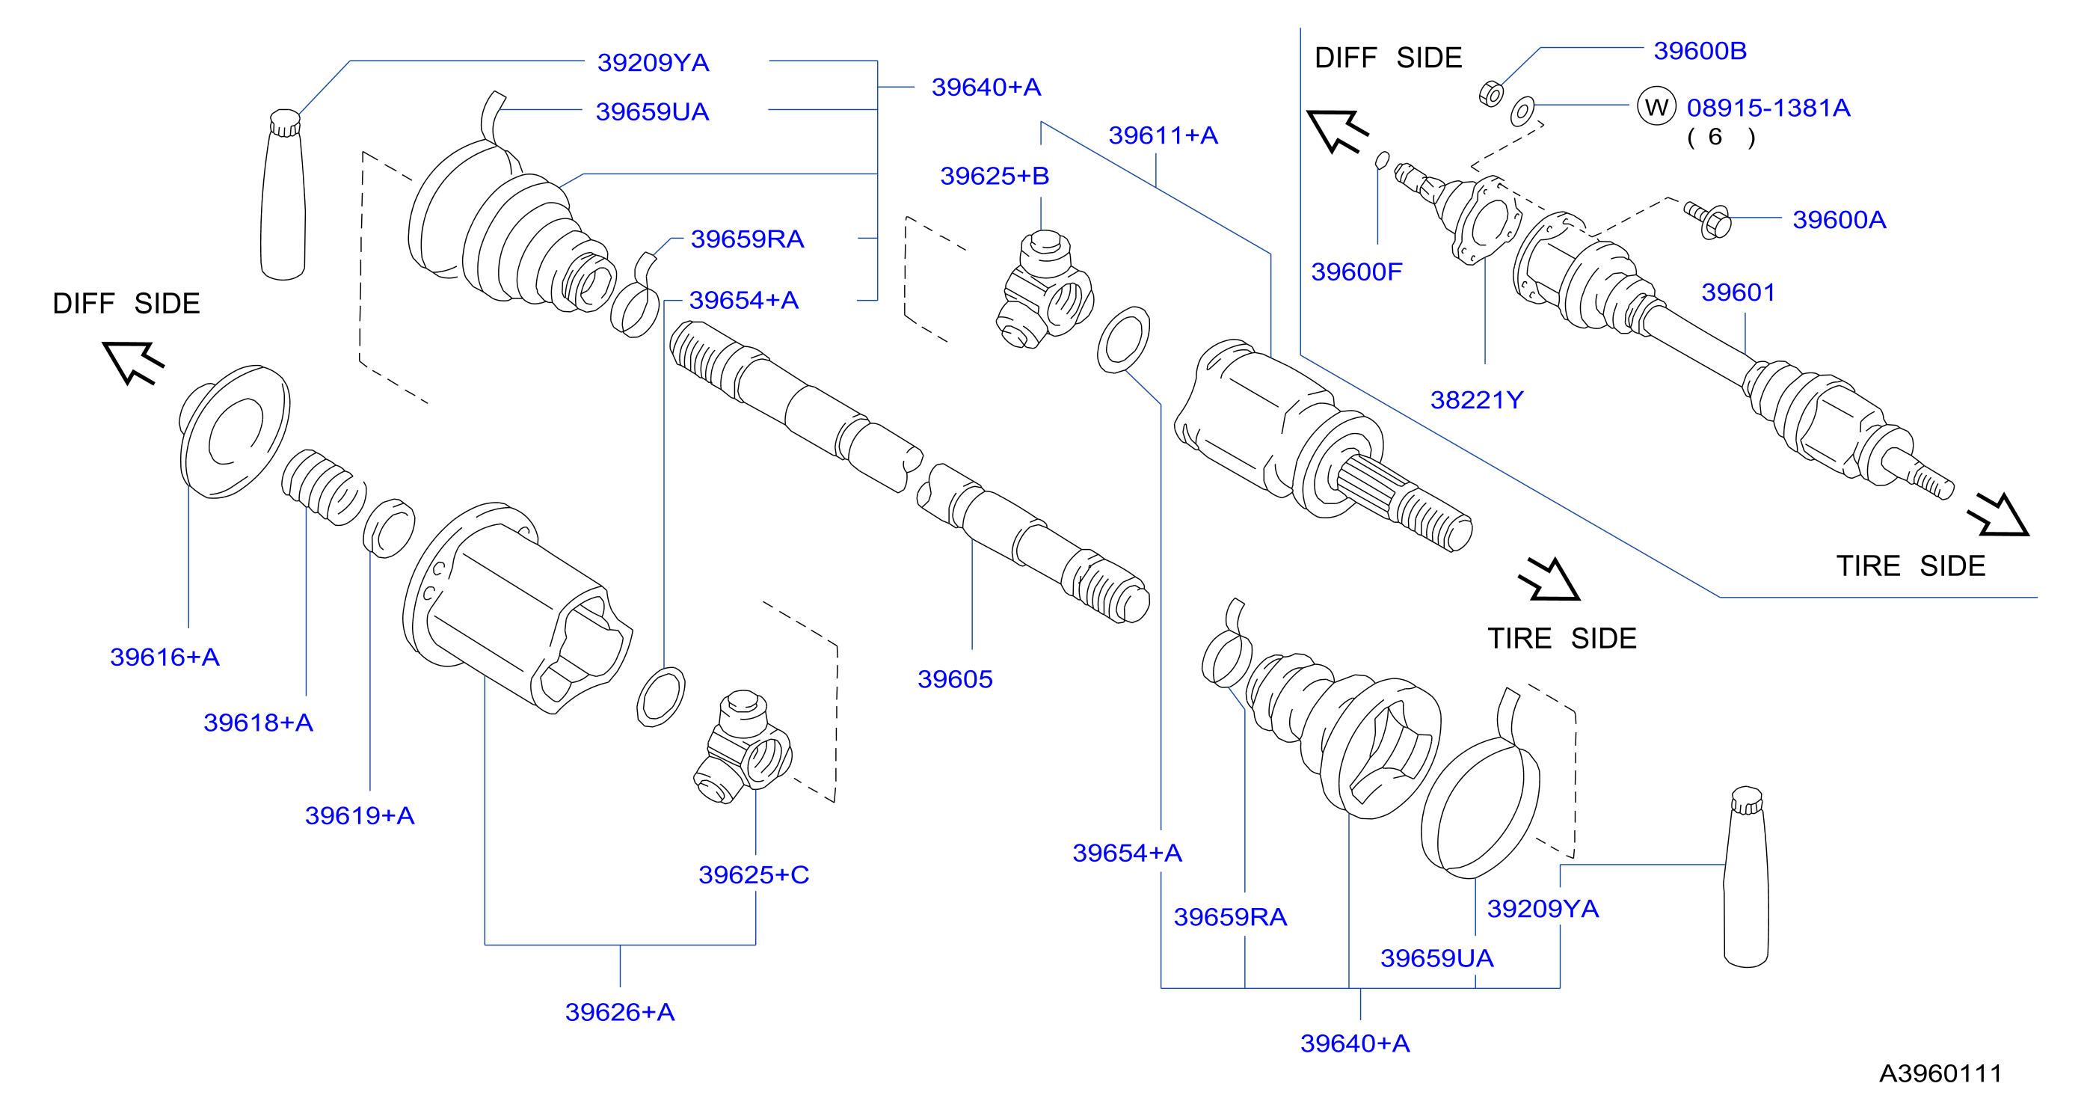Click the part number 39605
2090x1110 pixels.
coord(955,678)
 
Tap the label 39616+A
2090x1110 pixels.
coord(165,657)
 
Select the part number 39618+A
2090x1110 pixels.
coord(258,722)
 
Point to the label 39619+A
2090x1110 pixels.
coord(360,815)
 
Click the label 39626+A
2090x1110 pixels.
coord(620,1012)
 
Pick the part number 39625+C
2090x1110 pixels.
coord(754,874)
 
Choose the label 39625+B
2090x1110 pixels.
coord(995,175)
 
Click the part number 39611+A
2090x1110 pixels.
coord(1164,135)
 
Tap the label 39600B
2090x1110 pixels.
coord(1700,50)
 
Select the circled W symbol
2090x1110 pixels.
coord(1656,106)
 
